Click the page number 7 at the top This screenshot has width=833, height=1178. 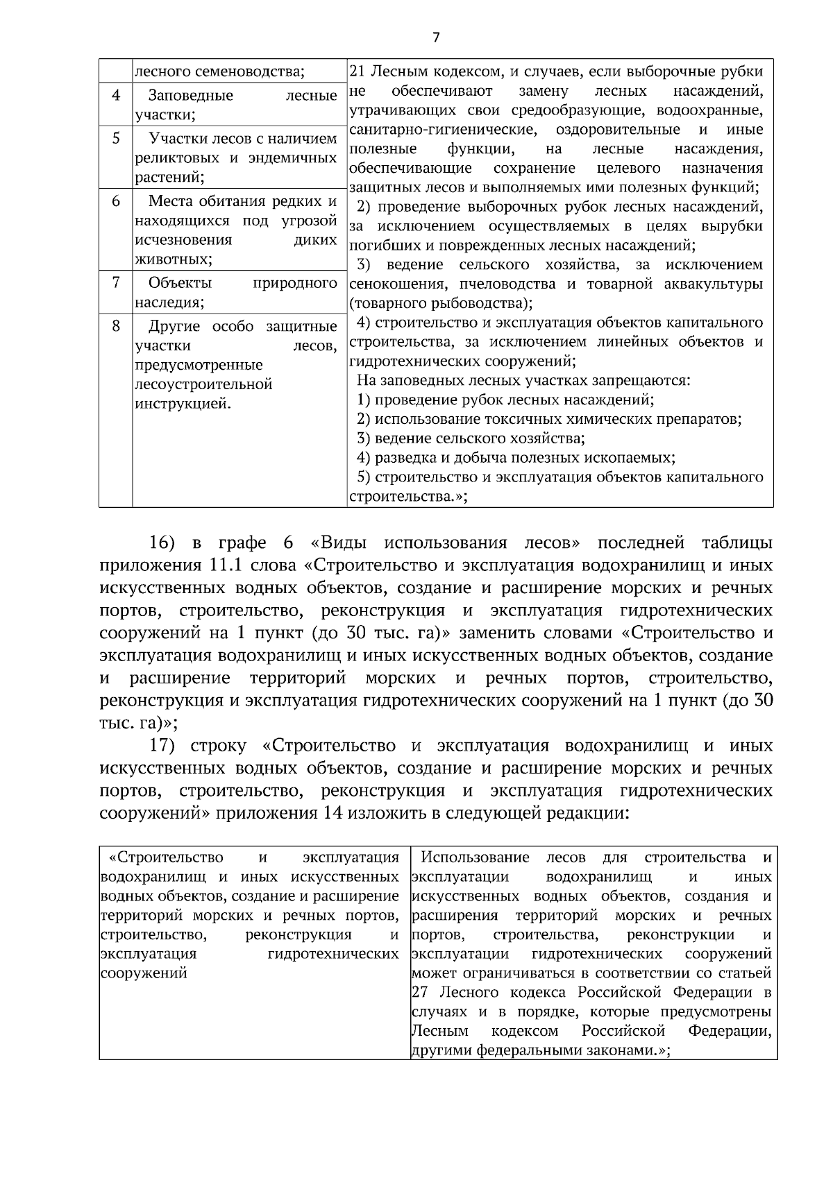pyautogui.click(x=436, y=37)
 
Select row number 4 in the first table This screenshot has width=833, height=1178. pyautogui.click(x=116, y=94)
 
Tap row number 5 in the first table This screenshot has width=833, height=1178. pyautogui.click(x=116, y=137)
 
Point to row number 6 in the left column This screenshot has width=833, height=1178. pyautogui.click(x=116, y=201)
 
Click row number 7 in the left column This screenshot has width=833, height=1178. pyautogui.click(x=116, y=282)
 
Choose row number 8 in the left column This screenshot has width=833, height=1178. pyautogui.click(x=116, y=325)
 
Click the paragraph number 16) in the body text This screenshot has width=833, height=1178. pyautogui.click(x=167, y=542)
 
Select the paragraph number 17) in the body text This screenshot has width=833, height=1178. pyautogui.click(x=167, y=746)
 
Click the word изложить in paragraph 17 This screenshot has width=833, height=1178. pyautogui.click(x=392, y=813)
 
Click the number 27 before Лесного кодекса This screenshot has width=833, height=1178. pyautogui.click(x=419, y=992)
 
